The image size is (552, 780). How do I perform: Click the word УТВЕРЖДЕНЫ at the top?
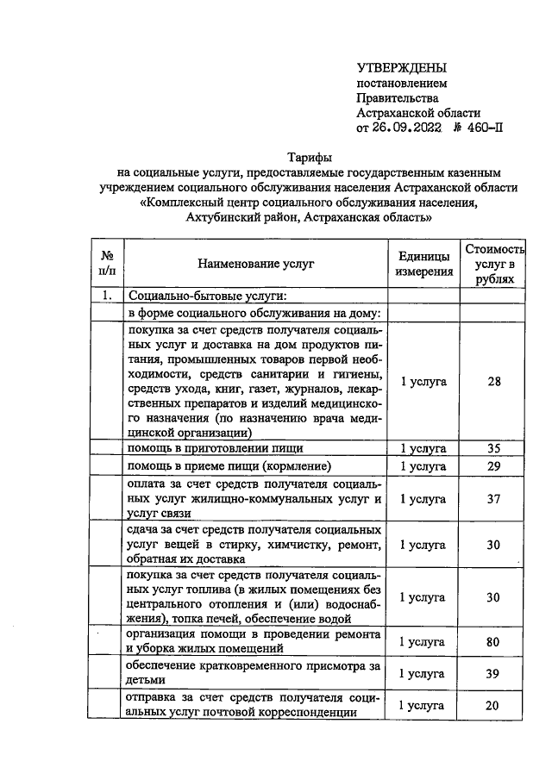point(403,67)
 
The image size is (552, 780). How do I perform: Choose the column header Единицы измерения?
point(423,264)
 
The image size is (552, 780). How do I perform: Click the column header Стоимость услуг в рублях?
point(493,264)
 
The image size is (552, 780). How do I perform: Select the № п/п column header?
point(108,264)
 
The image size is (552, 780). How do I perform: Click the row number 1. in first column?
point(108,296)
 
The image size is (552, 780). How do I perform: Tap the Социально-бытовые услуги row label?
point(188,296)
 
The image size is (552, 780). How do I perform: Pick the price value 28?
point(493,382)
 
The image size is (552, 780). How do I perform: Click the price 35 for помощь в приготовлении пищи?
point(493,448)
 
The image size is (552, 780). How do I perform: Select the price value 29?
point(493,465)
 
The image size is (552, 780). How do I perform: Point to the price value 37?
point(493,498)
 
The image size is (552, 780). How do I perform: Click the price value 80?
point(493,641)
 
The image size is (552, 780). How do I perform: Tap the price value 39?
point(493,674)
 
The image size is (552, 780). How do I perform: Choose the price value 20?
point(493,705)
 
